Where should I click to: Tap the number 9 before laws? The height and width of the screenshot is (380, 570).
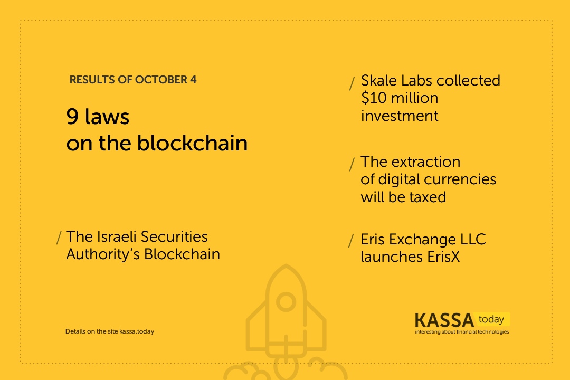pos(72,117)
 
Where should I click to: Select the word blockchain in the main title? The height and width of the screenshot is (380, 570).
pos(192,142)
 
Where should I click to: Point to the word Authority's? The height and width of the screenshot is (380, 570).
pos(103,254)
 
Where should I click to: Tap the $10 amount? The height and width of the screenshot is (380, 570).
pos(374,98)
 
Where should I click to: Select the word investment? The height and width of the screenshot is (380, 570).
pos(400,116)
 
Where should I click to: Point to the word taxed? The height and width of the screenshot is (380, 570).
pos(428,197)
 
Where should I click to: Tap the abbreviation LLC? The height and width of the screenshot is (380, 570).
pos(473,239)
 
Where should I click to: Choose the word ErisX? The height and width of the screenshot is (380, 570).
pos(443,256)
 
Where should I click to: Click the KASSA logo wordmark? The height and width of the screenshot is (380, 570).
pos(444,320)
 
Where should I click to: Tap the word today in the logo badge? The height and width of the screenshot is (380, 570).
pos(491,319)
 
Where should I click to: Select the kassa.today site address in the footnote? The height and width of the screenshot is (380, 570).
pos(137,331)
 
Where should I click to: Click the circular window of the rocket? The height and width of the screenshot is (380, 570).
pos(286,302)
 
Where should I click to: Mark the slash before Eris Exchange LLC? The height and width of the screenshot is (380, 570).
pos(351,241)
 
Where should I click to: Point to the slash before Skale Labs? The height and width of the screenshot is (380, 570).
pos(352,83)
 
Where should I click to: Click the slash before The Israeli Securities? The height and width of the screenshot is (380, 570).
pos(59,238)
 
